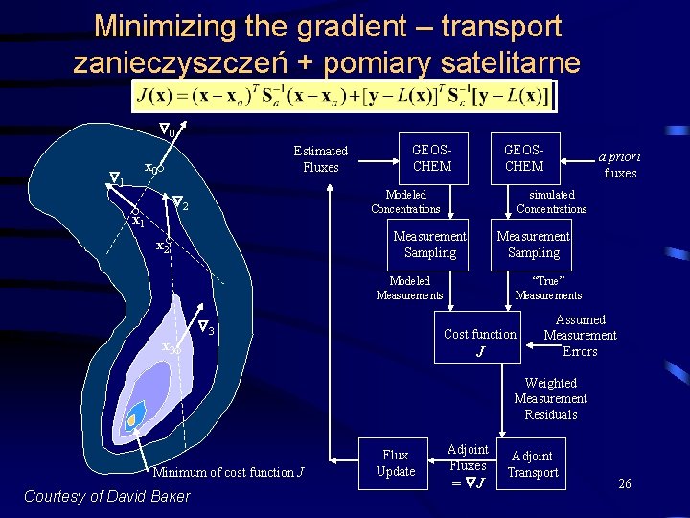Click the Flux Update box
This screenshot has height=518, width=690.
pos(395,463)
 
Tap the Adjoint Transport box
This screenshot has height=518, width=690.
pos(532,463)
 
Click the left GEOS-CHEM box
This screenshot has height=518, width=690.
pos(431,158)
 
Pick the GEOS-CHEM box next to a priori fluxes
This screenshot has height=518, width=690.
pos(524,158)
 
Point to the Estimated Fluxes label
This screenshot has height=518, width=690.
pos(320,158)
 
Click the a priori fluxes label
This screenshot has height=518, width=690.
pos(619,165)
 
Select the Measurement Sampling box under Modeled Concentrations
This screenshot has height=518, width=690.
pos(430,245)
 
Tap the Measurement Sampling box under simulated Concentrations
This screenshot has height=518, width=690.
pos(533,245)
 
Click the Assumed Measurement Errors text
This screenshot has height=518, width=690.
pos(580,335)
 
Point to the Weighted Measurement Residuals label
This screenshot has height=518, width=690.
pos(550,398)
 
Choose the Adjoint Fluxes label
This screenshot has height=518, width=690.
pos(469,464)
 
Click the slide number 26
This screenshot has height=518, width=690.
pos(624,483)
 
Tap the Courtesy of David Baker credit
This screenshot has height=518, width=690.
pos(106,496)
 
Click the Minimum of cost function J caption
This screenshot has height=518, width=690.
pos(228,472)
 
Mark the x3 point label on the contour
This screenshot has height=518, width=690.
pos(170,347)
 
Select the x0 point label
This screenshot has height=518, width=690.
pos(151,168)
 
